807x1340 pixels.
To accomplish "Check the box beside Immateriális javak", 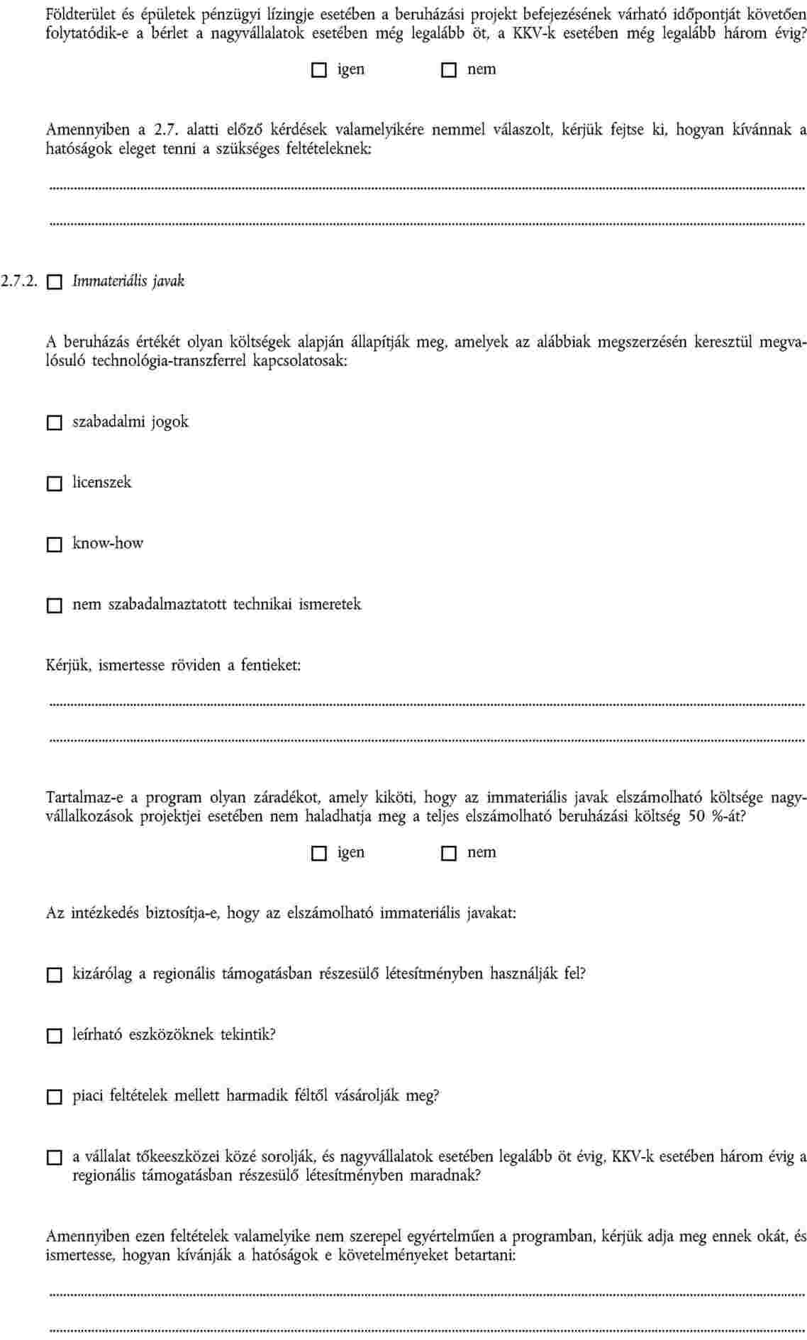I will point(55,282).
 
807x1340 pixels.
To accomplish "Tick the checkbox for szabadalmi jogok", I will point(55,423).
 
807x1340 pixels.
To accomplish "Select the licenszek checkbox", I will point(55,484).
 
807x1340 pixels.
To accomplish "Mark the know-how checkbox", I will point(55,545).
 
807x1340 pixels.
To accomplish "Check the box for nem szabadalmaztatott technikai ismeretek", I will point(55,605).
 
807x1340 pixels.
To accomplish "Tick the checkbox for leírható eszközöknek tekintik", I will point(55,1036).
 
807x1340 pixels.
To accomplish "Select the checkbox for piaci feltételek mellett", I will point(55,1097).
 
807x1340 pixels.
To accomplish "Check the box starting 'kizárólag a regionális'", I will point(55,975).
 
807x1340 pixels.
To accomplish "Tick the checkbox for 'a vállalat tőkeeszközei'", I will point(55,1158).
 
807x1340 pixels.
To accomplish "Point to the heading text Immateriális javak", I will point(128,281).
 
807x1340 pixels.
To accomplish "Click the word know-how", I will point(108,544).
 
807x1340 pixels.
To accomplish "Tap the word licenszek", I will point(102,483).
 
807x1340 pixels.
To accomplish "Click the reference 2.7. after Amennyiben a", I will point(165,130).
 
